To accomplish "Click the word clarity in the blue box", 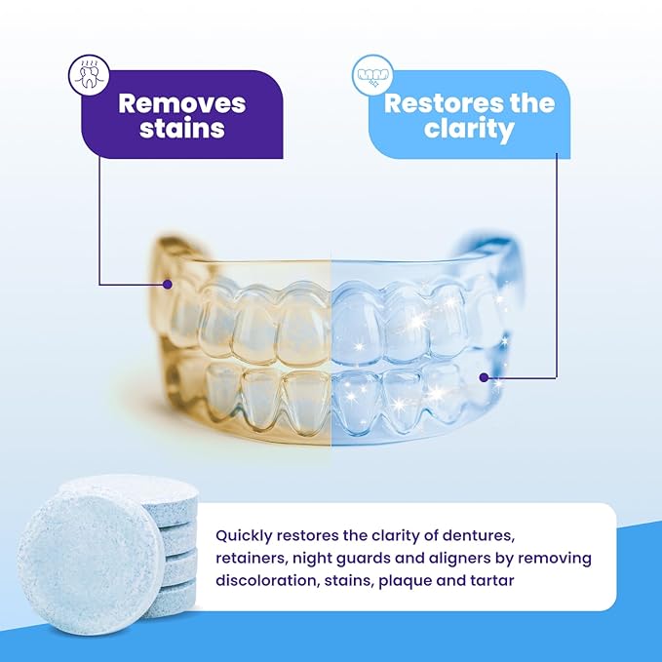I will pos(469,129).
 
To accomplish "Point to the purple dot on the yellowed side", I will pos(168,285).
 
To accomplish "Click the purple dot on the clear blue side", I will pos(485,377).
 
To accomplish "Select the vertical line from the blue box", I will pos(557,263).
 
